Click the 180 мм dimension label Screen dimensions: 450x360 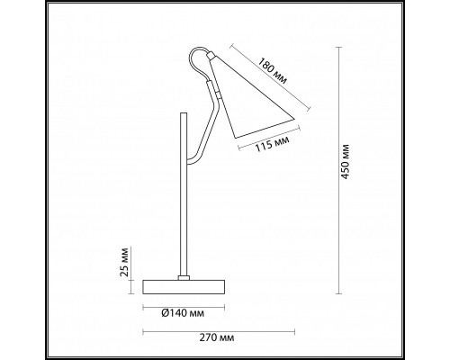click(273, 71)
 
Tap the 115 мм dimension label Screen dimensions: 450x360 click(272, 143)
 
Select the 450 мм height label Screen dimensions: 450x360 click(346, 162)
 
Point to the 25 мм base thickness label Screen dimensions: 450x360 click(123, 262)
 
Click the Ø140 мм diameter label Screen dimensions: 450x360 click(183, 313)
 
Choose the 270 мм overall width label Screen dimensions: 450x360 click(217, 337)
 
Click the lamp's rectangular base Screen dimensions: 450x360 click(184, 287)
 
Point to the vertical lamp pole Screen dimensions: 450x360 click(183, 194)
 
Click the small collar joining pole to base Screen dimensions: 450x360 click(184, 278)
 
